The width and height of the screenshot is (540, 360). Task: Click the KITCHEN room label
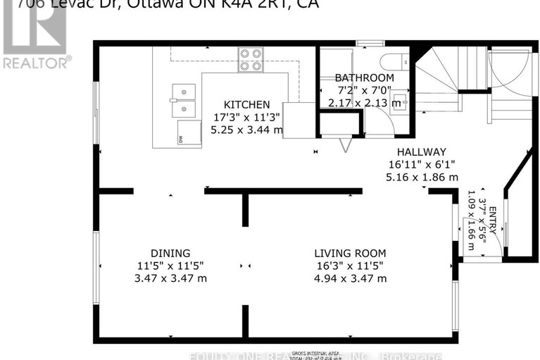pyautogui.click(x=246, y=104)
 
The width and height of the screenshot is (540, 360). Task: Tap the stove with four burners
pyautogui.click(x=250, y=59)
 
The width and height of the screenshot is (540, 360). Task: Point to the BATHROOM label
pyautogui.click(x=364, y=77)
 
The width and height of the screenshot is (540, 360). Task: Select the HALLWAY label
pyautogui.click(x=421, y=151)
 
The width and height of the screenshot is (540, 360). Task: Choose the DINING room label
pyautogui.click(x=170, y=253)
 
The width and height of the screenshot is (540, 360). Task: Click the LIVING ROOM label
pyautogui.click(x=350, y=253)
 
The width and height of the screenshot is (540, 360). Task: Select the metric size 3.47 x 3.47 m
pyautogui.click(x=171, y=278)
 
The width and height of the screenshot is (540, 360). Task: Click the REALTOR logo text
pyautogui.click(x=37, y=62)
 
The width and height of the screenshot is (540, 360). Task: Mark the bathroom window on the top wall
pyautogui.click(x=365, y=44)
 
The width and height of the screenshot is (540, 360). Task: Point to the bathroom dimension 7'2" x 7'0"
pyautogui.click(x=364, y=90)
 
